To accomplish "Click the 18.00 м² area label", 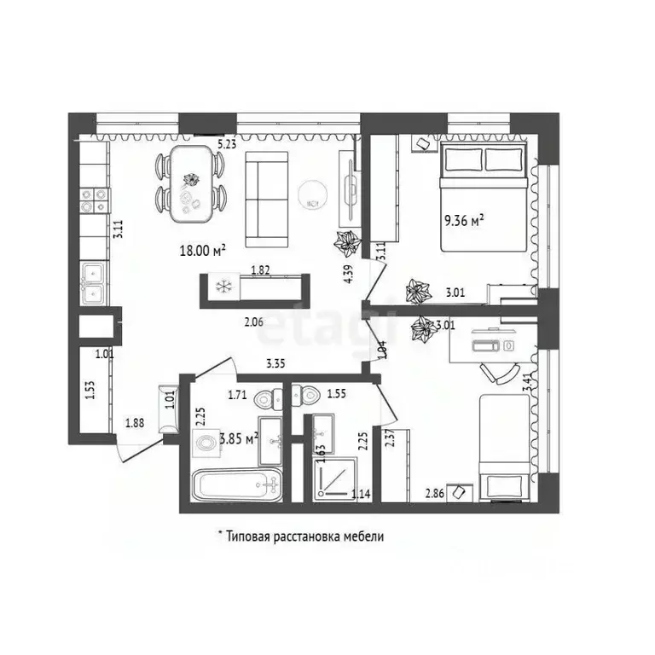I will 201,251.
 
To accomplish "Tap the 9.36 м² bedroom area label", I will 464,219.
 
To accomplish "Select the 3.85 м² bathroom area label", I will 239,439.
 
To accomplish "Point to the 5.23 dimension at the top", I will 227,144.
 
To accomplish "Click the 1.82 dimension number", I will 260,270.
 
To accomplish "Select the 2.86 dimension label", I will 435,492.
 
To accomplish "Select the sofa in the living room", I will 267,195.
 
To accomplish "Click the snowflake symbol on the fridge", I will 223,287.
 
